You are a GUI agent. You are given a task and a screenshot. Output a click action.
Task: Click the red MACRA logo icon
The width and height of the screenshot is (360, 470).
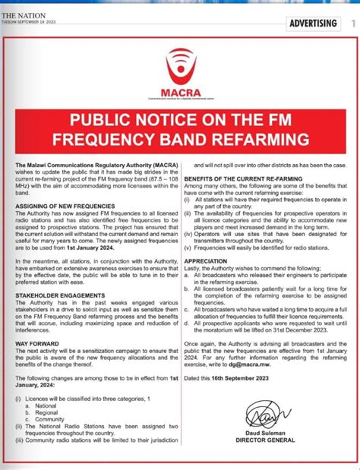(180, 62)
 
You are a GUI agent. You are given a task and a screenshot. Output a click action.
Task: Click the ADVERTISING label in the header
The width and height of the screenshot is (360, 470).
(313, 24)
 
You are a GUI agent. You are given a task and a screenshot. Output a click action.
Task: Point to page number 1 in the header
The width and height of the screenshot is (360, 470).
(352, 24)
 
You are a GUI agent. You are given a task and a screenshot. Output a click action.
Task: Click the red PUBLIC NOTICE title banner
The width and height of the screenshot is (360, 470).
(180, 130)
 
